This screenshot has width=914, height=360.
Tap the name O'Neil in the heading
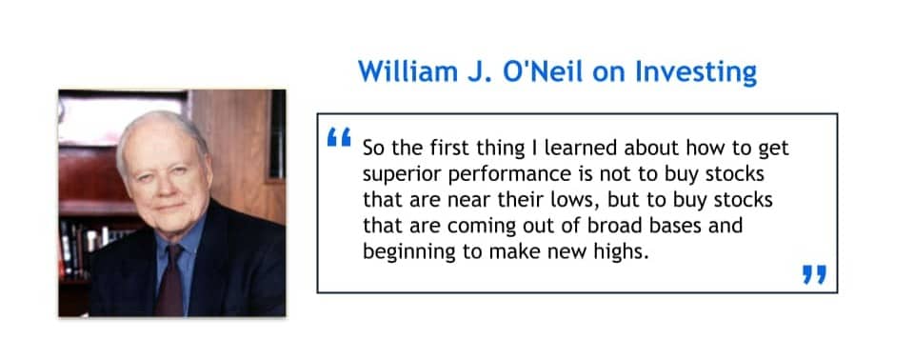tap(545, 71)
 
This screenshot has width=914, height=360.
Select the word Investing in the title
tap(695, 73)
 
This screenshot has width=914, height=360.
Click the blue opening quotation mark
tap(339, 138)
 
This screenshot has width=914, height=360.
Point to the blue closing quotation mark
tap(814, 274)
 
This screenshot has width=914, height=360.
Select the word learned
tap(581, 148)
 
